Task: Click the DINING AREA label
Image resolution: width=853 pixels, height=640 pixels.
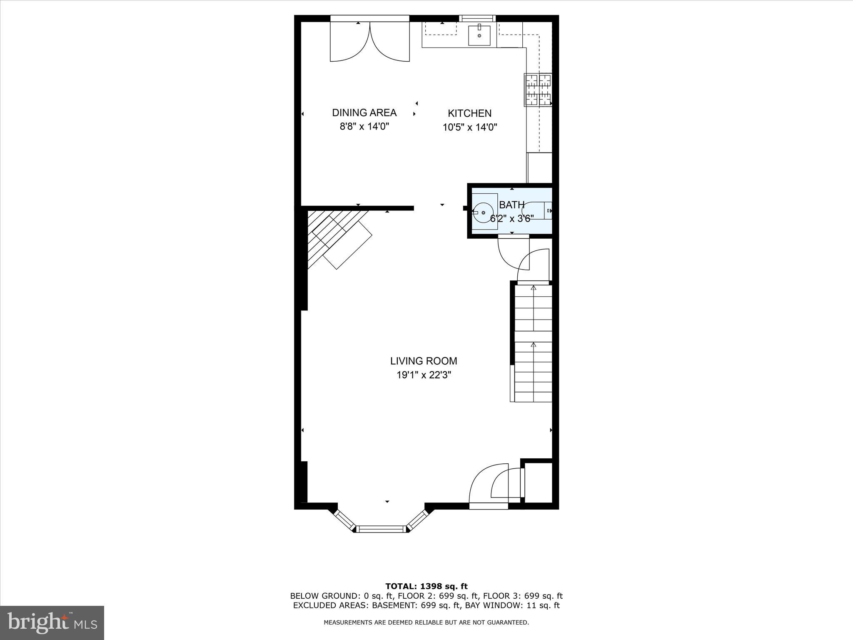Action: coord(364,112)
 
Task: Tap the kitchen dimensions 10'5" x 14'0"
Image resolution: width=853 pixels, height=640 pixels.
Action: coord(470,127)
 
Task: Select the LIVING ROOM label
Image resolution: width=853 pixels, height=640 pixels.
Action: coord(424,361)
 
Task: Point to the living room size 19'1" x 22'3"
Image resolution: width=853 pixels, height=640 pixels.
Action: coord(424,375)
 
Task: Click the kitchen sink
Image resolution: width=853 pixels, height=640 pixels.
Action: coord(479,35)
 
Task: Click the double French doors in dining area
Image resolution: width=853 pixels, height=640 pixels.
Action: coord(370,42)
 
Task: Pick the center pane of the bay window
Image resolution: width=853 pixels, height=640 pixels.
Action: coord(381,529)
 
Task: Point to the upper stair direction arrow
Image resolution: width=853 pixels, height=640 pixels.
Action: coord(533,287)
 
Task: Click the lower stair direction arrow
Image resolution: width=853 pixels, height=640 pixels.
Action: coord(533,345)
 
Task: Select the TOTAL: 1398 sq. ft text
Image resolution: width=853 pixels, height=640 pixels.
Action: coord(426,587)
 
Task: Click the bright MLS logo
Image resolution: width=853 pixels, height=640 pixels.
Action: coord(52,622)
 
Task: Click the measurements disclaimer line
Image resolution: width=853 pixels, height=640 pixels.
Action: coord(426,622)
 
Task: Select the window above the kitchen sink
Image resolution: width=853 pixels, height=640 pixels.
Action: coord(478,18)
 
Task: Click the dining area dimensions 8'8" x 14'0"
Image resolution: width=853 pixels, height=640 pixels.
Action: coord(364,126)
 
